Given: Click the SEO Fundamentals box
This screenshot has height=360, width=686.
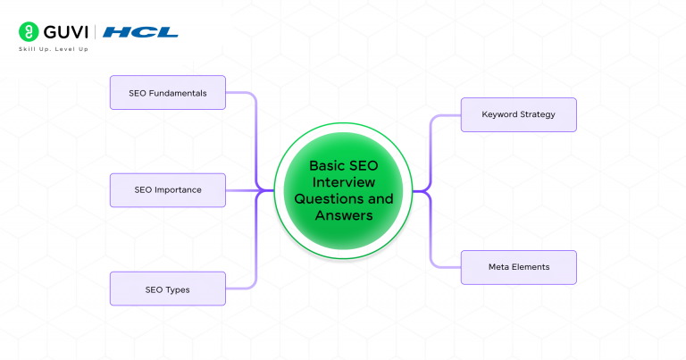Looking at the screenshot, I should [x=168, y=93].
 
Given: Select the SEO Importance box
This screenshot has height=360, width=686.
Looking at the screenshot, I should [x=168, y=189].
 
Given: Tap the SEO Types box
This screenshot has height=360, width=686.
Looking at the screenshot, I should [x=168, y=289].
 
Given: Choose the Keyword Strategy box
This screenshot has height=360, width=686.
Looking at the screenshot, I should [x=518, y=114].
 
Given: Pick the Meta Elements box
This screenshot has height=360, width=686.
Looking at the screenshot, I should [x=518, y=267].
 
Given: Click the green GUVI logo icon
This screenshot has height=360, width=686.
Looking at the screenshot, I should [x=27, y=31].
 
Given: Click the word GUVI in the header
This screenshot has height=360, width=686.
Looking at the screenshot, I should [x=63, y=31].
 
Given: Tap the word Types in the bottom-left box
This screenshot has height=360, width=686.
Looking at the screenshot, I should [x=179, y=289].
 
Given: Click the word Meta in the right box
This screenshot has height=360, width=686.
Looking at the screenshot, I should [x=498, y=267].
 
